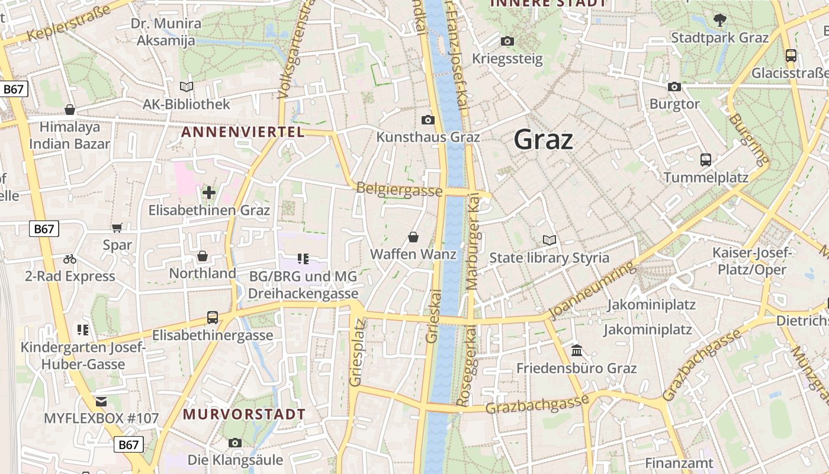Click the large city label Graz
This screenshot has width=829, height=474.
pos(543,140)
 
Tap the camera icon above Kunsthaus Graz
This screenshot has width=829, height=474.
pos(428,120)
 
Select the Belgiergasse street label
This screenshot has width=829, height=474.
pos(399,190)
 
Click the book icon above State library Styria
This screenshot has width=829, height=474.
pos(550,241)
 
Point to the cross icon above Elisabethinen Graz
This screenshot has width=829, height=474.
pos(208,193)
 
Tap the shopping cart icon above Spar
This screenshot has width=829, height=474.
pos(117,228)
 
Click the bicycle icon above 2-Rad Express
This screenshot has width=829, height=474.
pos(70,259)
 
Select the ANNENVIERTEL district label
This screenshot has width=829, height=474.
pos(243,132)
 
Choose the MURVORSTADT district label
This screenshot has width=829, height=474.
pos(244,414)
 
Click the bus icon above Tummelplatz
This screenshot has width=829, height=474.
pos(705,160)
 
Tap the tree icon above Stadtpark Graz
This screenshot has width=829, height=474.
pos(719,20)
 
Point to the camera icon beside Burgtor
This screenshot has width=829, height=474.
pos(674,87)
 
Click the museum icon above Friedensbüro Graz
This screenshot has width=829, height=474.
pos(577,351)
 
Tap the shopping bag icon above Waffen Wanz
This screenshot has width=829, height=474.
pos(413,238)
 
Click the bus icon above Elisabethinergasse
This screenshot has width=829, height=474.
pos(213,318)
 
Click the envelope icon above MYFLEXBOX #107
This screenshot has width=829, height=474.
pos(101,402)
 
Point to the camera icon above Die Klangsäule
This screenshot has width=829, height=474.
pos(235,443)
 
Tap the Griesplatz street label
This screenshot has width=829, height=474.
pos(356,353)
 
